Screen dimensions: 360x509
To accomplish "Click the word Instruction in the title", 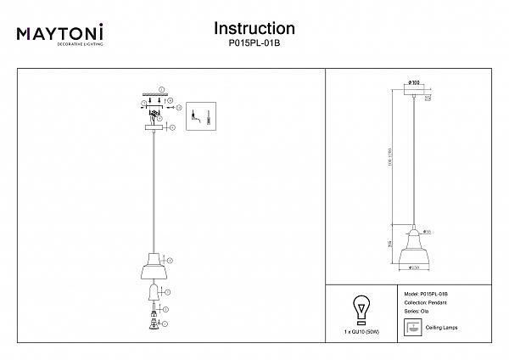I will pyautogui.click(x=255, y=29).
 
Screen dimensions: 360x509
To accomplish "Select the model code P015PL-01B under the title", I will pyautogui.click(x=255, y=44).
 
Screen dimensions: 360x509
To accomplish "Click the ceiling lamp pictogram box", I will pyautogui.click(x=412, y=328).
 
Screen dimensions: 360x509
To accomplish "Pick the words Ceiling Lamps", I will pyautogui.click(x=442, y=327).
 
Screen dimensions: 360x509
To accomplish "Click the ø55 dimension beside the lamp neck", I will pyautogui.click(x=429, y=231).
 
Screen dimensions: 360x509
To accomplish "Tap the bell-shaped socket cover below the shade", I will pyautogui.click(x=153, y=293).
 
